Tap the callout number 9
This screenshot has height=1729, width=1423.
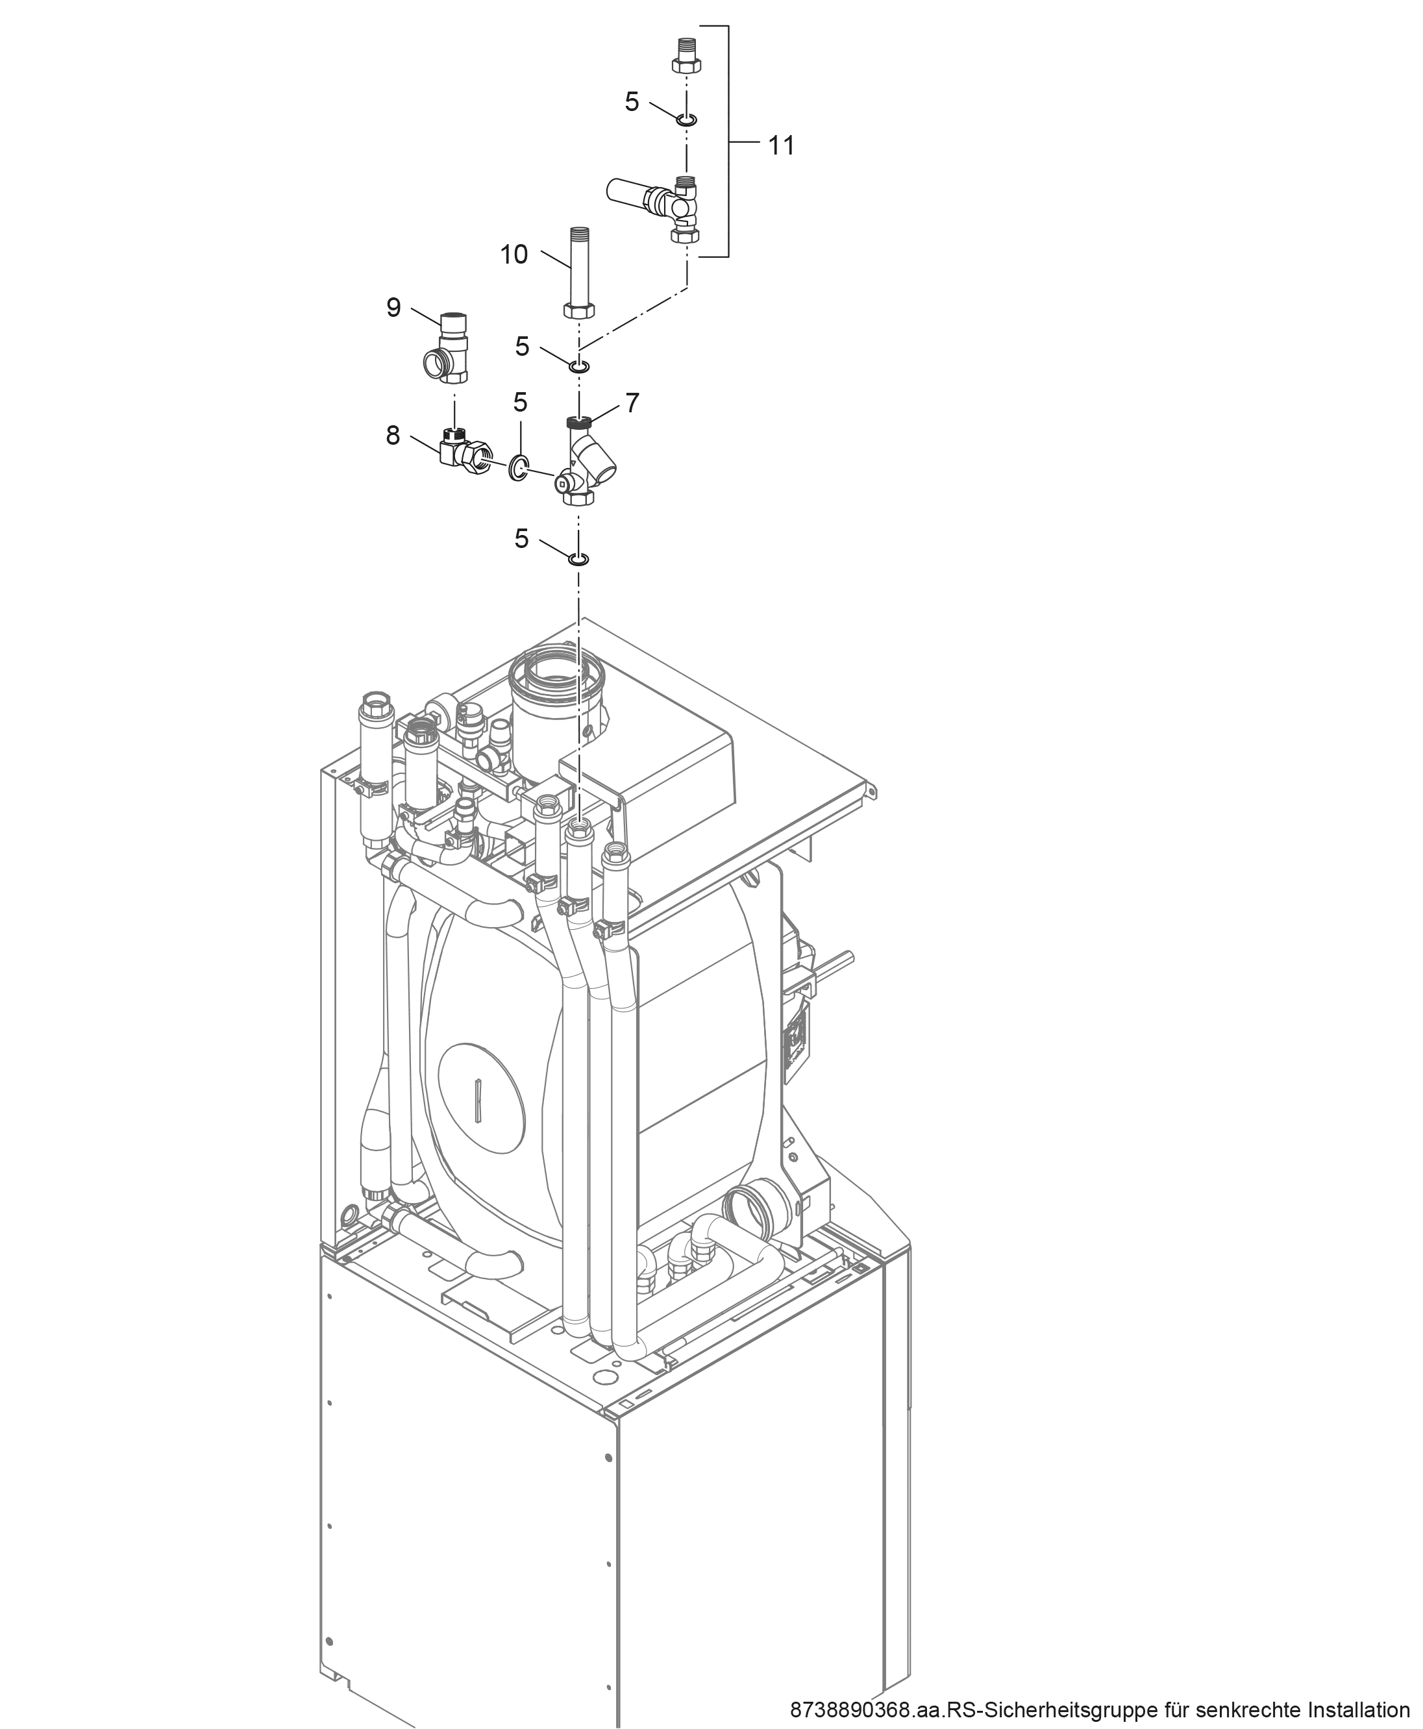click(x=393, y=308)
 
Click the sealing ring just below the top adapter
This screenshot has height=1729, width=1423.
click(x=687, y=121)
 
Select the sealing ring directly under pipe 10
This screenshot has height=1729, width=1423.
click(x=578, y=364)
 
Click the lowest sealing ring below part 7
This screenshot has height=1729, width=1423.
click(x=578, y=559)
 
